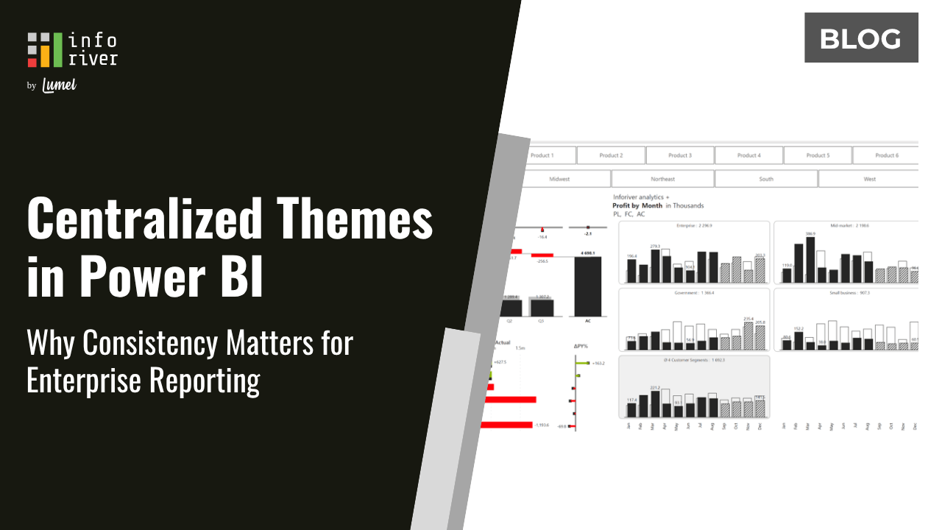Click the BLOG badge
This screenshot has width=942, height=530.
coord(861,38)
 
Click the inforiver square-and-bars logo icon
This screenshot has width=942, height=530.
coord(45,49)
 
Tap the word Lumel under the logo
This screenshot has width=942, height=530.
coord(60,85)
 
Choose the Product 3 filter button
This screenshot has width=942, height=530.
coord(679,155)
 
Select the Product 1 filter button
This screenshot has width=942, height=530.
coord(542,155)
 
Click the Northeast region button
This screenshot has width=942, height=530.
coord(662,179)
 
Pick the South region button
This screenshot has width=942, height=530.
coord(766,179)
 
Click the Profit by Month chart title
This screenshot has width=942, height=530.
coord(637,205)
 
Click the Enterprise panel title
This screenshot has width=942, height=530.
coord(694,225)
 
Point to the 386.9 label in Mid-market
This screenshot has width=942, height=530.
coord(810,233)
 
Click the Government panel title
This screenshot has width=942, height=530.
coord(694,293)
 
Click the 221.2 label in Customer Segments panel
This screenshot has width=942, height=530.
coord(656,387)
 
